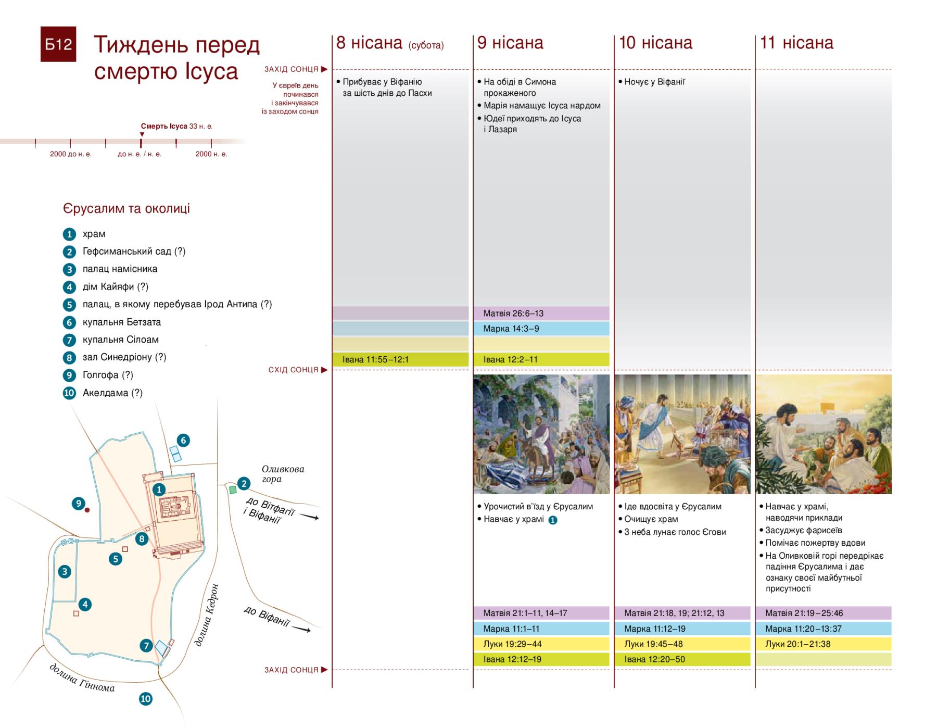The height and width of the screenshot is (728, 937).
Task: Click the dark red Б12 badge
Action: click(58, 44)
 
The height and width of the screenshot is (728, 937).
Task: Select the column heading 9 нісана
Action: click(510, 43)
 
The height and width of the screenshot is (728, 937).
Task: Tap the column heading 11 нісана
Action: click(796, 43)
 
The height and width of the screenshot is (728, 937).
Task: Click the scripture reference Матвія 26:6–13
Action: click(513, 313)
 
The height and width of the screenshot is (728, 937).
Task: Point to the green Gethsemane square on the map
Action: click(233, 489)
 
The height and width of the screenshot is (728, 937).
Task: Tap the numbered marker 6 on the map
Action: click(183, 440)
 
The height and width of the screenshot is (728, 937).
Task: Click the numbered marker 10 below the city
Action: click(146, 699)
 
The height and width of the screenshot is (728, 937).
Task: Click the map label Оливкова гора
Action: click(283, 474)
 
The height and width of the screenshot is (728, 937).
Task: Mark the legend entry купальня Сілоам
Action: click(121, 340)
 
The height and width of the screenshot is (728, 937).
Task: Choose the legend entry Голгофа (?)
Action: click(108, 375)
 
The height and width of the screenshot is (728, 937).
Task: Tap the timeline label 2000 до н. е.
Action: click(71, 154)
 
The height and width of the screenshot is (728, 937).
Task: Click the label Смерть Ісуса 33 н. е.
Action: click(176, 127)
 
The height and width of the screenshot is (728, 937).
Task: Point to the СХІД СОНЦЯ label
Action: click(293, 370)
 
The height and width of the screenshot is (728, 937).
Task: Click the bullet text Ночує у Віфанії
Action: click(654, 82)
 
